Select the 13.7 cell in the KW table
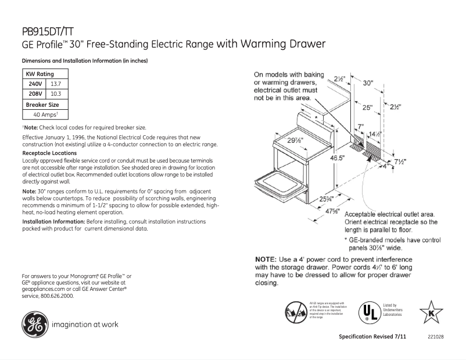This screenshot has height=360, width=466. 56,84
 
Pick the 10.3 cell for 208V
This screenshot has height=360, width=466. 56,93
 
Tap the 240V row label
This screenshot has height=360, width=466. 36,84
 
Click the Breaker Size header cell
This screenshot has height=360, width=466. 42,105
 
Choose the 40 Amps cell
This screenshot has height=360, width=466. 42,114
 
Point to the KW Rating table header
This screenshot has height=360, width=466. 40,74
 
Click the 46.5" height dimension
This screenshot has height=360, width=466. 320,157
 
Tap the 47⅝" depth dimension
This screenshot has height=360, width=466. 332,211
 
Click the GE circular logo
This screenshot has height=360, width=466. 35,325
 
